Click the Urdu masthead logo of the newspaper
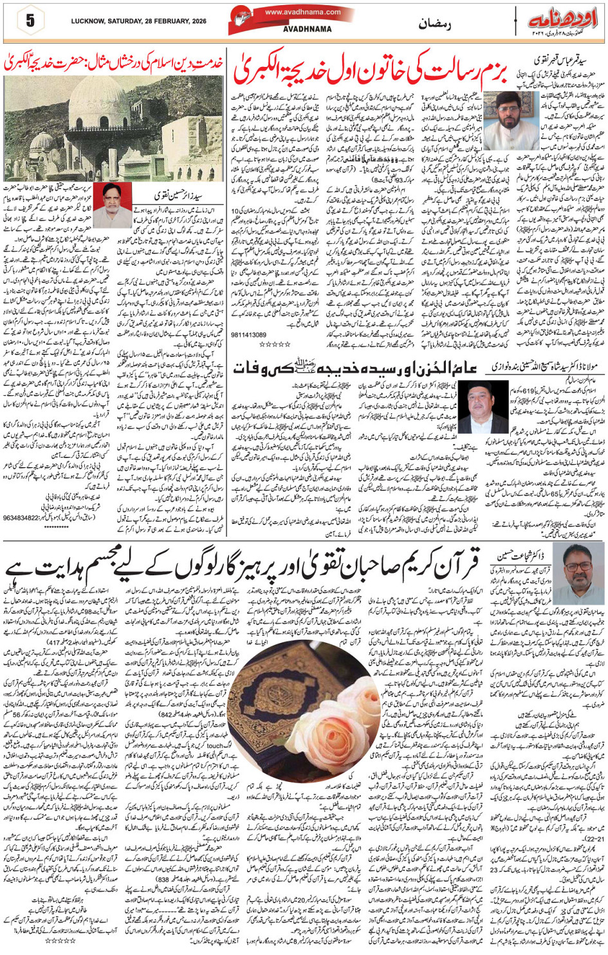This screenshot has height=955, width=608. pos(559,20)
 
